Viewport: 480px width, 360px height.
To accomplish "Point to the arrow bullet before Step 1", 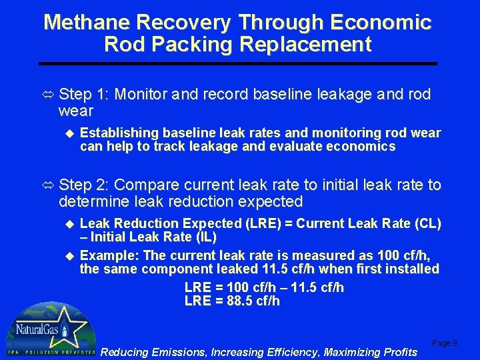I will coord(49,95).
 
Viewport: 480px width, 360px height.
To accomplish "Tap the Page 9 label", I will coord(445,343).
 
